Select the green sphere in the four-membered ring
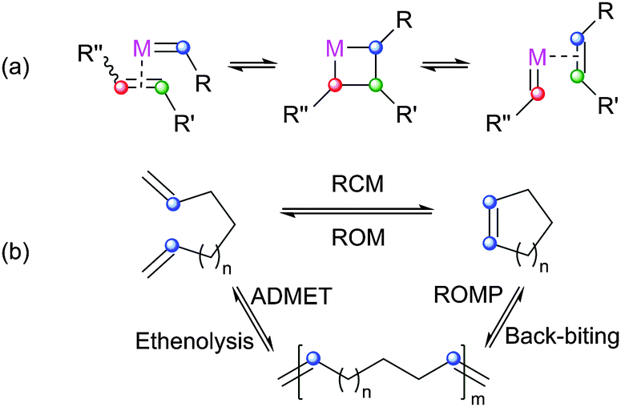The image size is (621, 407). (x=347, y=84)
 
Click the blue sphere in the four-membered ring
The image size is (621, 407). (x=347, y=47)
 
